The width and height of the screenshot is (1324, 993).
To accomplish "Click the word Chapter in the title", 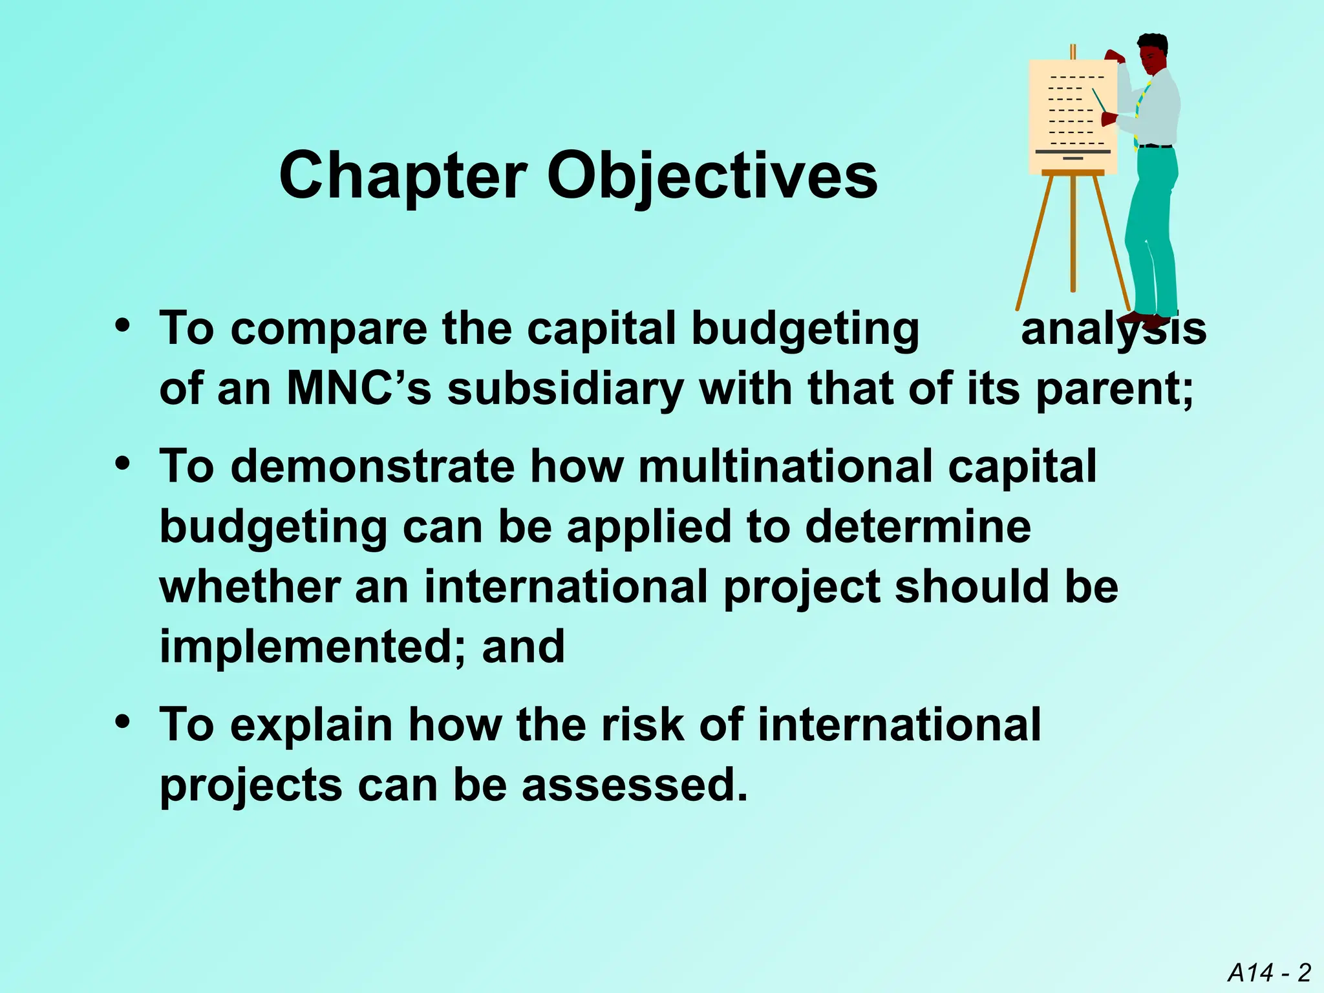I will click(402, 176).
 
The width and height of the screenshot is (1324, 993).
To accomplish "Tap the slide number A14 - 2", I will click(1269, 972).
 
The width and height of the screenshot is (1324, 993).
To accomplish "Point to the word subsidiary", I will click(566, 389).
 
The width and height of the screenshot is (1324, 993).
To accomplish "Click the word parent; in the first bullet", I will click(1115, 389).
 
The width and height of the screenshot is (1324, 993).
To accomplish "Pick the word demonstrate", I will click(372, 466).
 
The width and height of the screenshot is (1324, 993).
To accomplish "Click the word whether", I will click(250, 586).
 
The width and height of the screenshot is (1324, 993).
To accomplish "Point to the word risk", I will click(642, 724).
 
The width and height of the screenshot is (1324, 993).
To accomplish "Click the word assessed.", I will click(634, 785).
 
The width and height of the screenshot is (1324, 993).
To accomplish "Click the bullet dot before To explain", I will click(122, 722).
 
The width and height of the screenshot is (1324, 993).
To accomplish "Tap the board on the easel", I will click(1072, 116).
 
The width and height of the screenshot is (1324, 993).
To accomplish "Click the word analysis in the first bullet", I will click(1113, 329).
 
